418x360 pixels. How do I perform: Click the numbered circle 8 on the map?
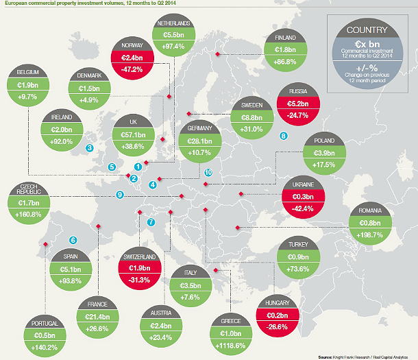pos(284,136)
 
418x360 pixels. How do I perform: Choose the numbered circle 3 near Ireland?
pos(89,148)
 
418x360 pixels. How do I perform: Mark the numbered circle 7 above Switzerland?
pos(151,222)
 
